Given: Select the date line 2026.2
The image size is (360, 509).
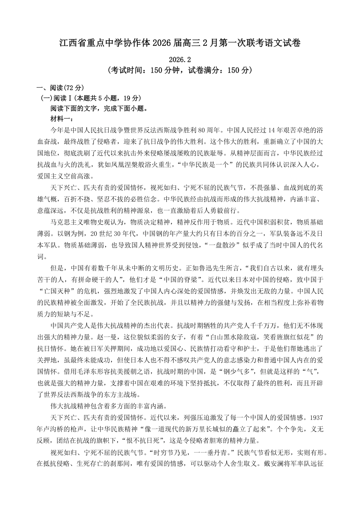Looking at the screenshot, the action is (x=180, y=60).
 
